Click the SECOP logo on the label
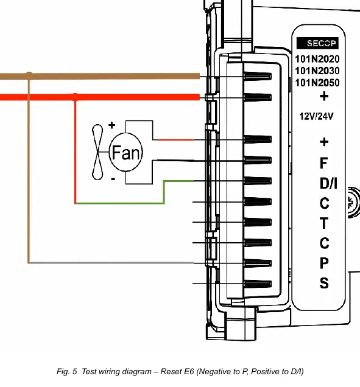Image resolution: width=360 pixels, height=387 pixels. (x=317, y=43)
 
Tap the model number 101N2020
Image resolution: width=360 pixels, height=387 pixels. (x=317, y=59)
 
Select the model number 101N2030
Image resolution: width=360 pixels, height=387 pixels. (x=317, y=71)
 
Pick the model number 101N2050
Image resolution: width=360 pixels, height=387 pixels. (x=317, y=83)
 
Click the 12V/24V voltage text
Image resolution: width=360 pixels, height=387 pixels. (x=316, y=116)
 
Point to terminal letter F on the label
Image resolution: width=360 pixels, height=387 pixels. (x=323, y=163)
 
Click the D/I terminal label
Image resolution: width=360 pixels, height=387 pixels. (x=328, y=183)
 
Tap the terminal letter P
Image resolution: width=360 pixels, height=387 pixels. (x=324, y=263)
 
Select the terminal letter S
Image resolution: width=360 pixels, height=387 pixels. (x=324, y=283)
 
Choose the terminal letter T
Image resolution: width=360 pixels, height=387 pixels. (x=324, y=223)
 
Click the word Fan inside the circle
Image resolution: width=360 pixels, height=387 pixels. (x=126, y=153)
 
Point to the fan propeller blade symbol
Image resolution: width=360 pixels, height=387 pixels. (x=97, y=152)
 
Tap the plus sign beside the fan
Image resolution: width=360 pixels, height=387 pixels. (x=111, y=125)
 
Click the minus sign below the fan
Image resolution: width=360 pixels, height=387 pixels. (x=113, y=179)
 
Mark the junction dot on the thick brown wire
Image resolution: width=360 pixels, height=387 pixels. (x=29, y=74)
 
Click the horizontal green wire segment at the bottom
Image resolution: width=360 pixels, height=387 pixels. (x=119, y=203)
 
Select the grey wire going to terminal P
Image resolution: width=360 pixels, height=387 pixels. (x=111, y=263)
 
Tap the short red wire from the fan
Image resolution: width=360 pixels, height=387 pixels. (x=175, y=140)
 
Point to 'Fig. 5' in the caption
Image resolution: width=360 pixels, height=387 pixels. (x=67, y=371)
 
